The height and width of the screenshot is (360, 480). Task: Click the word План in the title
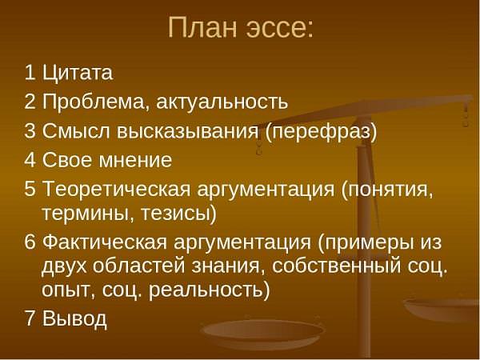(202, 27)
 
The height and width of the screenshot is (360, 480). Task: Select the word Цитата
(78, 73)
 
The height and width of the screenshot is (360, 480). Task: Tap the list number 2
(30, 102)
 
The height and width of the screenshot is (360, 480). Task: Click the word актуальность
(222, 103)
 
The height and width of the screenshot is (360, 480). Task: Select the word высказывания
(188, 132)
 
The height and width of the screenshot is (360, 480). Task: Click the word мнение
(136, 161)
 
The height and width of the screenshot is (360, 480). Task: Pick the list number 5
(30, 188)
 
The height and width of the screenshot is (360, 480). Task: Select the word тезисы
(175, 214)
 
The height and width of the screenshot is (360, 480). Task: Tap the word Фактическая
(105, 242)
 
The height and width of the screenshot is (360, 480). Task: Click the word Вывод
(74, 318)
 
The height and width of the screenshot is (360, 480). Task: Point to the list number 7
(30, 318)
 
